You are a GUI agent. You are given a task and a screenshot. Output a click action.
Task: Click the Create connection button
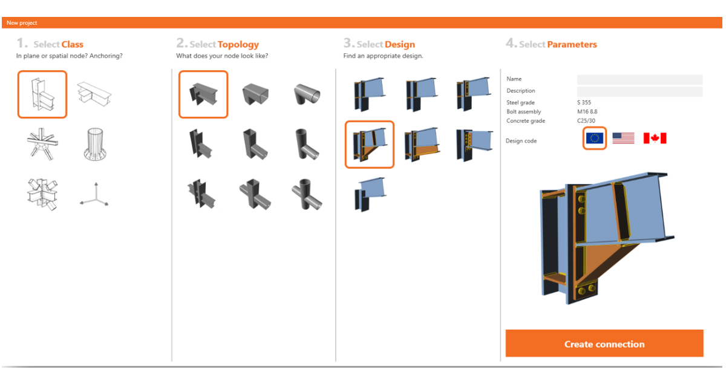point(604,343)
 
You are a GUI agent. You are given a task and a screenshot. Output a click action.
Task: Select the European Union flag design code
point(594,138)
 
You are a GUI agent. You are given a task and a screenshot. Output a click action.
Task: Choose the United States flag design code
point(623,138)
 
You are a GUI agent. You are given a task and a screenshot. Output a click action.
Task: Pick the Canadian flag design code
point(655,138)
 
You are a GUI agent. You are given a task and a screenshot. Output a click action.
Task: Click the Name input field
point(639,79)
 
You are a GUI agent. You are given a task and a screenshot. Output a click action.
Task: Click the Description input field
point(639,91)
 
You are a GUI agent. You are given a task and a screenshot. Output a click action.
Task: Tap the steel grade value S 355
point(584,102)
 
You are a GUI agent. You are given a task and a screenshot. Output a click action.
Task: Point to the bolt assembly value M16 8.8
point(587,111)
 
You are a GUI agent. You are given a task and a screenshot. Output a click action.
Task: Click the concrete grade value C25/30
point(586,120)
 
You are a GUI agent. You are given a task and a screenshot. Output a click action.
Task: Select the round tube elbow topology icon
point(307,94)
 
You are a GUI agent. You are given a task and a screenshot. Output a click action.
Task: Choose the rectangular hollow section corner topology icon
point(255,94)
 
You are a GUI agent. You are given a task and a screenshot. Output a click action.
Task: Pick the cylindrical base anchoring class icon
point(94,144)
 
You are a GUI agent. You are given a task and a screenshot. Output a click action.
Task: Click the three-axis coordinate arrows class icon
point(94,194)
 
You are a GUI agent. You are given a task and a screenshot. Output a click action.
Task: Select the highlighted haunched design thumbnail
point(370,145)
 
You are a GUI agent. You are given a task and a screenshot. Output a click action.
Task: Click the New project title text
point(22,23)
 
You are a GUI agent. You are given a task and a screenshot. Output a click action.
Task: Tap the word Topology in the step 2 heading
point(238,45)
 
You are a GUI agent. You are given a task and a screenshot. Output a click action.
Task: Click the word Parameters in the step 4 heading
point(572,44)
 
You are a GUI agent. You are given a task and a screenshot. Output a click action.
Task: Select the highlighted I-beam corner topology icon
point(203,94)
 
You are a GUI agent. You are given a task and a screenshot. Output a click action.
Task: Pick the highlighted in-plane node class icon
point(42,94)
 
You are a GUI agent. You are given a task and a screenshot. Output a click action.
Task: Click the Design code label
point(521,140)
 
